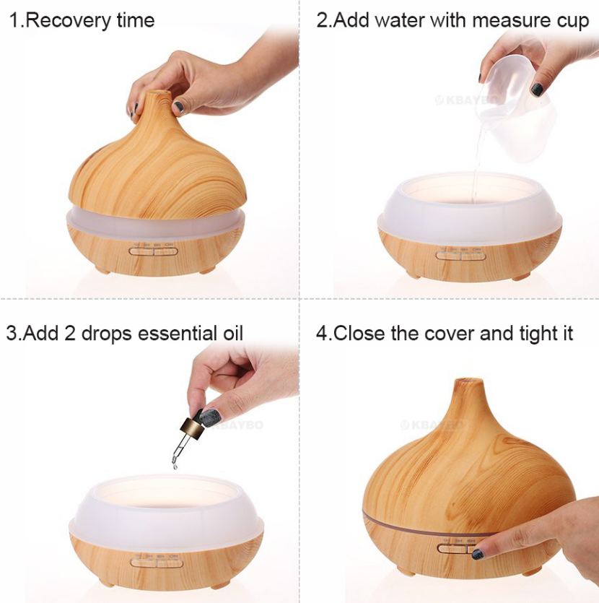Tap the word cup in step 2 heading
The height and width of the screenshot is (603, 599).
[x=574, y=20]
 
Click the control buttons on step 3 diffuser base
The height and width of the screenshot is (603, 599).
[x=156, y=560]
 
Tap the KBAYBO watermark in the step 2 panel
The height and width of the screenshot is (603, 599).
[x=461, y=100]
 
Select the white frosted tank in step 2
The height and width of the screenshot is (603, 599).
[x=469, y=217]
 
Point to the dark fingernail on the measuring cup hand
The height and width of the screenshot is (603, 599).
[x=537, y=90]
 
